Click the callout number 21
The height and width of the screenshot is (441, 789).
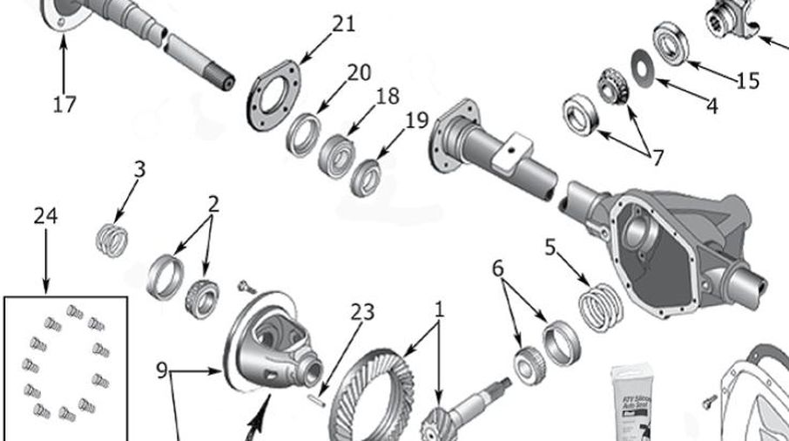343,24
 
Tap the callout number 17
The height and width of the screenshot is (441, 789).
64,105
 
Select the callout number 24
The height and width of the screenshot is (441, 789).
45,216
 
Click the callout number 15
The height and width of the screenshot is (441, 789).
747,81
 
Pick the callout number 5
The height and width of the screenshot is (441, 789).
550,247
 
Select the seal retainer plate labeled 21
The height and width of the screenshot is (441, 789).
276,94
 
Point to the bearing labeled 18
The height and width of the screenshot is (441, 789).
335,153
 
